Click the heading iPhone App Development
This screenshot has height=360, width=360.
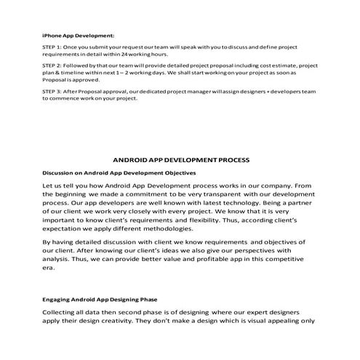(78, 33)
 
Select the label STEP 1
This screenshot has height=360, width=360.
(53, 45)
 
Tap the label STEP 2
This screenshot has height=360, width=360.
(53, 64)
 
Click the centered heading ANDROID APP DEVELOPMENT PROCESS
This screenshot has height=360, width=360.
(181, 159)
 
